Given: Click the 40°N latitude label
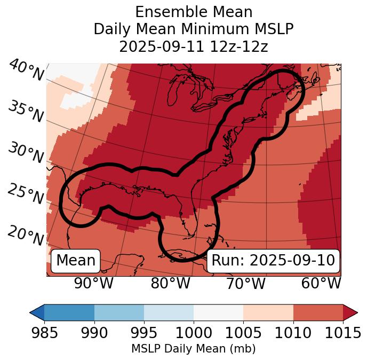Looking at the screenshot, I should click(x=26, y=71).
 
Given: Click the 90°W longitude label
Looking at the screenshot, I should click(x=94, y=284).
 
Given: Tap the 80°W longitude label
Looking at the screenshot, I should click(x=170, y=284).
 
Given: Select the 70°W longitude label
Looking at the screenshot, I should click(x=246, y=284).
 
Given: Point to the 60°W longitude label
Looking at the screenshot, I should click(x=321, y=284).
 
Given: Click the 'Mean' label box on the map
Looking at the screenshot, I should click(x=76, y=261).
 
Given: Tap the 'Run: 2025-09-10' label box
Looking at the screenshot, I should click(x=273, y=261).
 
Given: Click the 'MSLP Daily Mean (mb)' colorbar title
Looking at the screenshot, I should click(x=194, y=349).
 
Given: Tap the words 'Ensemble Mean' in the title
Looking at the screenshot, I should click(x=194, y=12).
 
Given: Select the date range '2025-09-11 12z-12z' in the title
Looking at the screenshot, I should click(x=194, y=46).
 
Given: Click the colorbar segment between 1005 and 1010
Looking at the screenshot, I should click(x=268, y=312).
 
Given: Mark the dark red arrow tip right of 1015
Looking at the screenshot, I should click(x=350, y=312).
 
